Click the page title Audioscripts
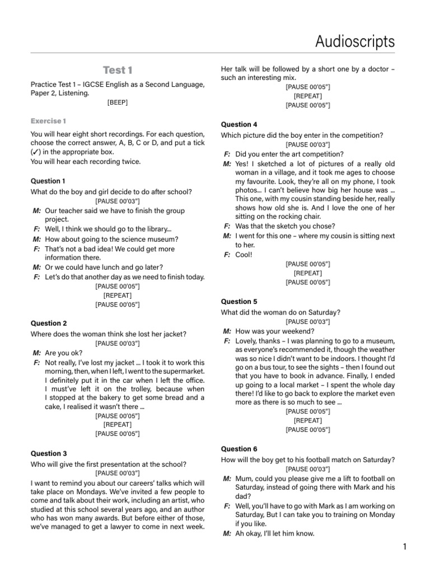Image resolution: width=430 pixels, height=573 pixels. [x=355, y=41]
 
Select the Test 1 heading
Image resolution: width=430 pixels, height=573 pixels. [x=118, y=70]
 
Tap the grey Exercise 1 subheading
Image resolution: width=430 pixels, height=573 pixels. [x=48, y=121]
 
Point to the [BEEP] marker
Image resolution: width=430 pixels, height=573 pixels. [x=117, y=102]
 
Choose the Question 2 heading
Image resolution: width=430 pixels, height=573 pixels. [x=49, y=323]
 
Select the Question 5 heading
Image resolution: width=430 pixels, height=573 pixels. [x=239, y=302]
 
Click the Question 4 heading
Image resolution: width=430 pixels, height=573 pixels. [x=239, y=124]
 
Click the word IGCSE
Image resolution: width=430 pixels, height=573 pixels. [x=101, y=84]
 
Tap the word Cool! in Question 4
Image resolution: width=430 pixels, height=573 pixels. [x=244, y=255]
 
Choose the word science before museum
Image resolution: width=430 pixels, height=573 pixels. [x=119, y=239]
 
